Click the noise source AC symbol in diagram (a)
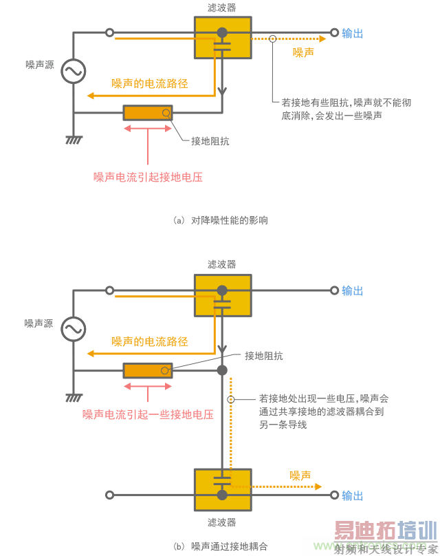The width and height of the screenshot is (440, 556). coord(72,72)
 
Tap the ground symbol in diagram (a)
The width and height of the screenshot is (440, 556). coord(73,140)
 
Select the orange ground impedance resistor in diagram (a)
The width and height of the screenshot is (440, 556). coord(148,112)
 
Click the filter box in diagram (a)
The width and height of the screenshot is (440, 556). coord(222,39)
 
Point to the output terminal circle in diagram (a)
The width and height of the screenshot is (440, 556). coord(335,32)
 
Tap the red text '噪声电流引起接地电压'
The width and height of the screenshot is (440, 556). coord(148,177)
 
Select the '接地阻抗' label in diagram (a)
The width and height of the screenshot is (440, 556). coord(210,141)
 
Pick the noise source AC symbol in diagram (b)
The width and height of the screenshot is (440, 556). coord(72,329)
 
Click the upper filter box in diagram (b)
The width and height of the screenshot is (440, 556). coord(222,297)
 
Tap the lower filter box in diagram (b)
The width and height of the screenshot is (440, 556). coord(222,489)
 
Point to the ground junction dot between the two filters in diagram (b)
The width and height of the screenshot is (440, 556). coord(222,370)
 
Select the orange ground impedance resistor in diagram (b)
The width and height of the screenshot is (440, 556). coord(148,370)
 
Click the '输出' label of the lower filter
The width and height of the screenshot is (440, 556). coord(353,495)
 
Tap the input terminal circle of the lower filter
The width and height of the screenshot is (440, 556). coord(109,495)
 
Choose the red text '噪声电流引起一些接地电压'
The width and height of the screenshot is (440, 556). coord(148,414)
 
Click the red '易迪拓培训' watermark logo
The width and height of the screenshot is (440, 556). coord(385,531)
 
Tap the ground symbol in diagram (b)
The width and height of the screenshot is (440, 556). coord(73,398)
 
